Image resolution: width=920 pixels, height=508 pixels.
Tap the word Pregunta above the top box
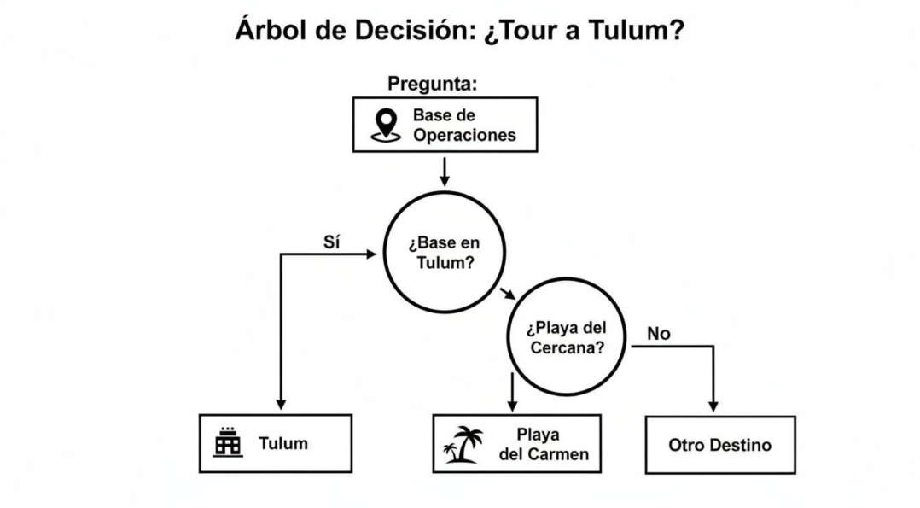(432, 84)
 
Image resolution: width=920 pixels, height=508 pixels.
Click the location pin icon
(387, 125)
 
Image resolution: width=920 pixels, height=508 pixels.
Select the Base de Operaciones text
(464, 125)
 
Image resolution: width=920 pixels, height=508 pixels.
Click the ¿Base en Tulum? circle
(444, 254)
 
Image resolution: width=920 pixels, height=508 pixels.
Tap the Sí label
(332, 242)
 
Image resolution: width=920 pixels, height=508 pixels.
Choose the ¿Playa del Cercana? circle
(567, 339)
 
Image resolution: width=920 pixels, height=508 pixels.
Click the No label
(659, 334)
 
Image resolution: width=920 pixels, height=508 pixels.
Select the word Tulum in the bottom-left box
(283, 444)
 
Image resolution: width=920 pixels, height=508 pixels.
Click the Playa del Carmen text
(542, 444)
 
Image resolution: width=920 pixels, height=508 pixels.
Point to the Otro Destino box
(719, 445)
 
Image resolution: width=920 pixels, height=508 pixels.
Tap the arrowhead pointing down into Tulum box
(281, 404)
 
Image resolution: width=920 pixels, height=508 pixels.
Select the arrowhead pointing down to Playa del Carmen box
(512, 404)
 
